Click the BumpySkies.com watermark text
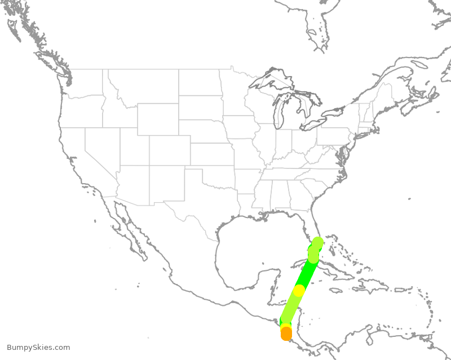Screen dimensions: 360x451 point(38,348)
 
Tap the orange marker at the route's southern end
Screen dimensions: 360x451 point(286,334)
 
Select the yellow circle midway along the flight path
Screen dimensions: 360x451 point(299,291)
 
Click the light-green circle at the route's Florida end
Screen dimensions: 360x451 point(317,243)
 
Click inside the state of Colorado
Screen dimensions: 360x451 point(170,150)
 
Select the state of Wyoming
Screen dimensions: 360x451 point(157,119)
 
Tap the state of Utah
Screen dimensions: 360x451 point(134,146)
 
